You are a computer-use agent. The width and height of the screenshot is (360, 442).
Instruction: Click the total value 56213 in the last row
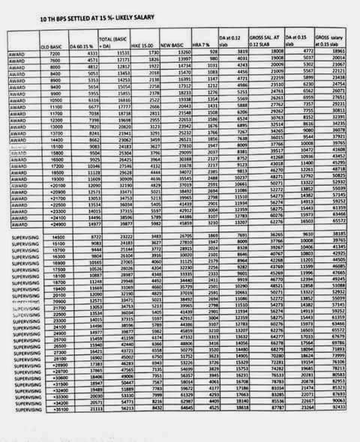coord(116,431)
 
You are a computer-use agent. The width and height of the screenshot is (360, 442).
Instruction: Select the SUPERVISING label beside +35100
coord(19,431)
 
